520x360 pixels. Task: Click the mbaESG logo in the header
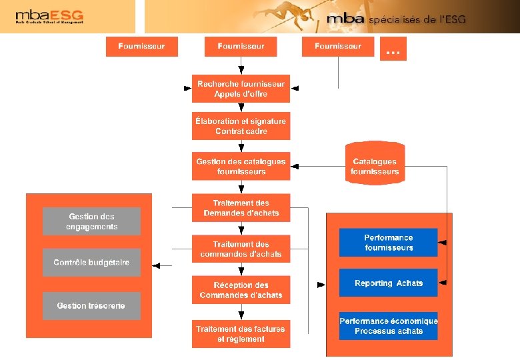pyautogui.click(x=49, y=17)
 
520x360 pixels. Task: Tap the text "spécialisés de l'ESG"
pyautogui.click(x=417, y=19)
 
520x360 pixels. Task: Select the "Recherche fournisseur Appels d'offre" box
pyautogui.click(x=241, y=89)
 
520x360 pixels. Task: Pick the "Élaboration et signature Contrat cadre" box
pyautogui.click(x=241, y=126)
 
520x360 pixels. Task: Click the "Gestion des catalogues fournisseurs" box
pyautogui.click(x=241, y=166)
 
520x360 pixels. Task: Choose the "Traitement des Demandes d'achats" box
pyautogui.click(x=241, y=208)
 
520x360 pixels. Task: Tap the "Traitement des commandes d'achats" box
pyautogui.click(x=241, y=249)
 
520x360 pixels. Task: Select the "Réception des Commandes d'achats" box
pyautogui.click(x=241, y=290)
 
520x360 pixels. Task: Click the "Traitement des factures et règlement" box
pyautogui.click(x=241, y=334)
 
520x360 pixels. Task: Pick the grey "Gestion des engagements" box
pyautogui.click(x=92, y=221)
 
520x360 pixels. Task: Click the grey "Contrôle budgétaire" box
pyautogui.click(x=92, y=263)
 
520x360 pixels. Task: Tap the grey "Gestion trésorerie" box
pyautogui.click(x=92, y=306)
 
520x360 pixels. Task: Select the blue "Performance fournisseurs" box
pyautogui.click(x=389, y=243)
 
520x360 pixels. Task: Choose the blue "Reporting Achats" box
pyautogui.click(x=389, y=283)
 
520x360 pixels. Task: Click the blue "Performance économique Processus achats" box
pyautogui.click(x=389, y=326)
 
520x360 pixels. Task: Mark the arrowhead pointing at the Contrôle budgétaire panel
pyautogui.click(x=157, y=265)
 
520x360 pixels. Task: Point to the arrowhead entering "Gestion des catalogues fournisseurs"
pyautogui.click(x=295, y=166)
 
